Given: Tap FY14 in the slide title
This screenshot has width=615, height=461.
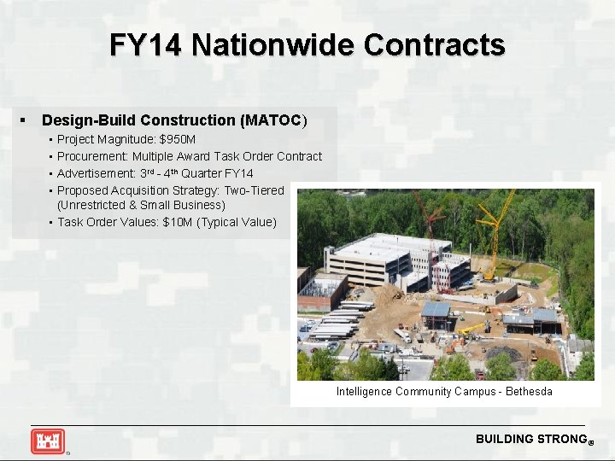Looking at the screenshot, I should [x=145, y=44].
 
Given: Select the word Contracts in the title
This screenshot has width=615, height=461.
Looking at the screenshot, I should [x=434, y=44].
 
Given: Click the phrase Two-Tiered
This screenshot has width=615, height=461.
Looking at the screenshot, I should [x=254, y=190].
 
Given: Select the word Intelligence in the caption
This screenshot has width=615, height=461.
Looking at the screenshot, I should [x=364, y=392].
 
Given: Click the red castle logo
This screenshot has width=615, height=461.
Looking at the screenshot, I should [x=47, y=441].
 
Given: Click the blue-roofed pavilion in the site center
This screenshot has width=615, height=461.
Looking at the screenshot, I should [x=436, y=310].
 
